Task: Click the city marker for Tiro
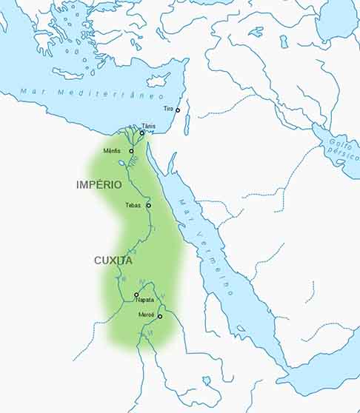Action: (178, 110)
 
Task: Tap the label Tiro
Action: (168, 109)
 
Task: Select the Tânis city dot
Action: (142, 133)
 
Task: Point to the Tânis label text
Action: (149, 127)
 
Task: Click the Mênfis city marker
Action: (131, 151)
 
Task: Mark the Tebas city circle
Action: (148, 205)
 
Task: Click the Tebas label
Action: (134, 205)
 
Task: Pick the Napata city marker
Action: (136, 295)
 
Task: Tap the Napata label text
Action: (145, 300)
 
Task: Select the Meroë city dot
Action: (159, 316)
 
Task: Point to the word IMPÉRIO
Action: (99, 184)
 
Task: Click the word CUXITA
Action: (113, 261)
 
